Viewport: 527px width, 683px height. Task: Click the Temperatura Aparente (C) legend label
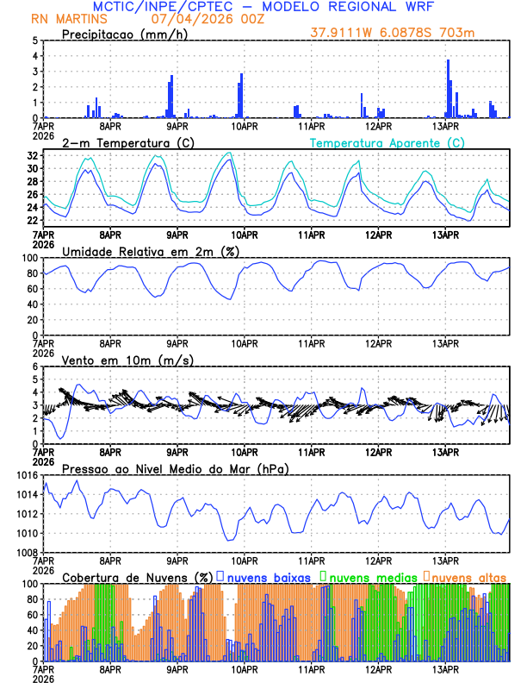coord(387,142)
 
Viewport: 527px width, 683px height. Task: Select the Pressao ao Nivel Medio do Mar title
coord(175,468)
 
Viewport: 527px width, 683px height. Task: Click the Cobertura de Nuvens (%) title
coord(138,577)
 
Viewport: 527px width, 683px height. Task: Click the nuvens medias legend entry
coord(365,577)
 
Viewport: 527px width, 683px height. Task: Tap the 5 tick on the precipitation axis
coord(34,41)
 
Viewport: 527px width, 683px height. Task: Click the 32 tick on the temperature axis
coord(32,156)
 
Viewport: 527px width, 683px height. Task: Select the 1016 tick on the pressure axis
coord(27,475)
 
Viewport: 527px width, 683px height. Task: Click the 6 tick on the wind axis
coord(34,367)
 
